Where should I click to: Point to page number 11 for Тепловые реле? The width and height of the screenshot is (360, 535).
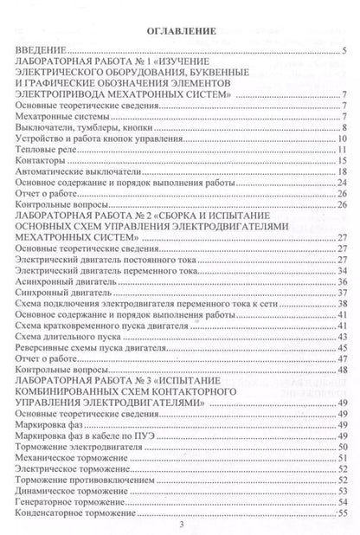[x=343, y=149]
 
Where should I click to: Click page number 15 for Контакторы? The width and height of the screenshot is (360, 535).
[x=343, y=160]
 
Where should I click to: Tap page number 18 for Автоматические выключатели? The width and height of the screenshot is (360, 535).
[x=343, y=171]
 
